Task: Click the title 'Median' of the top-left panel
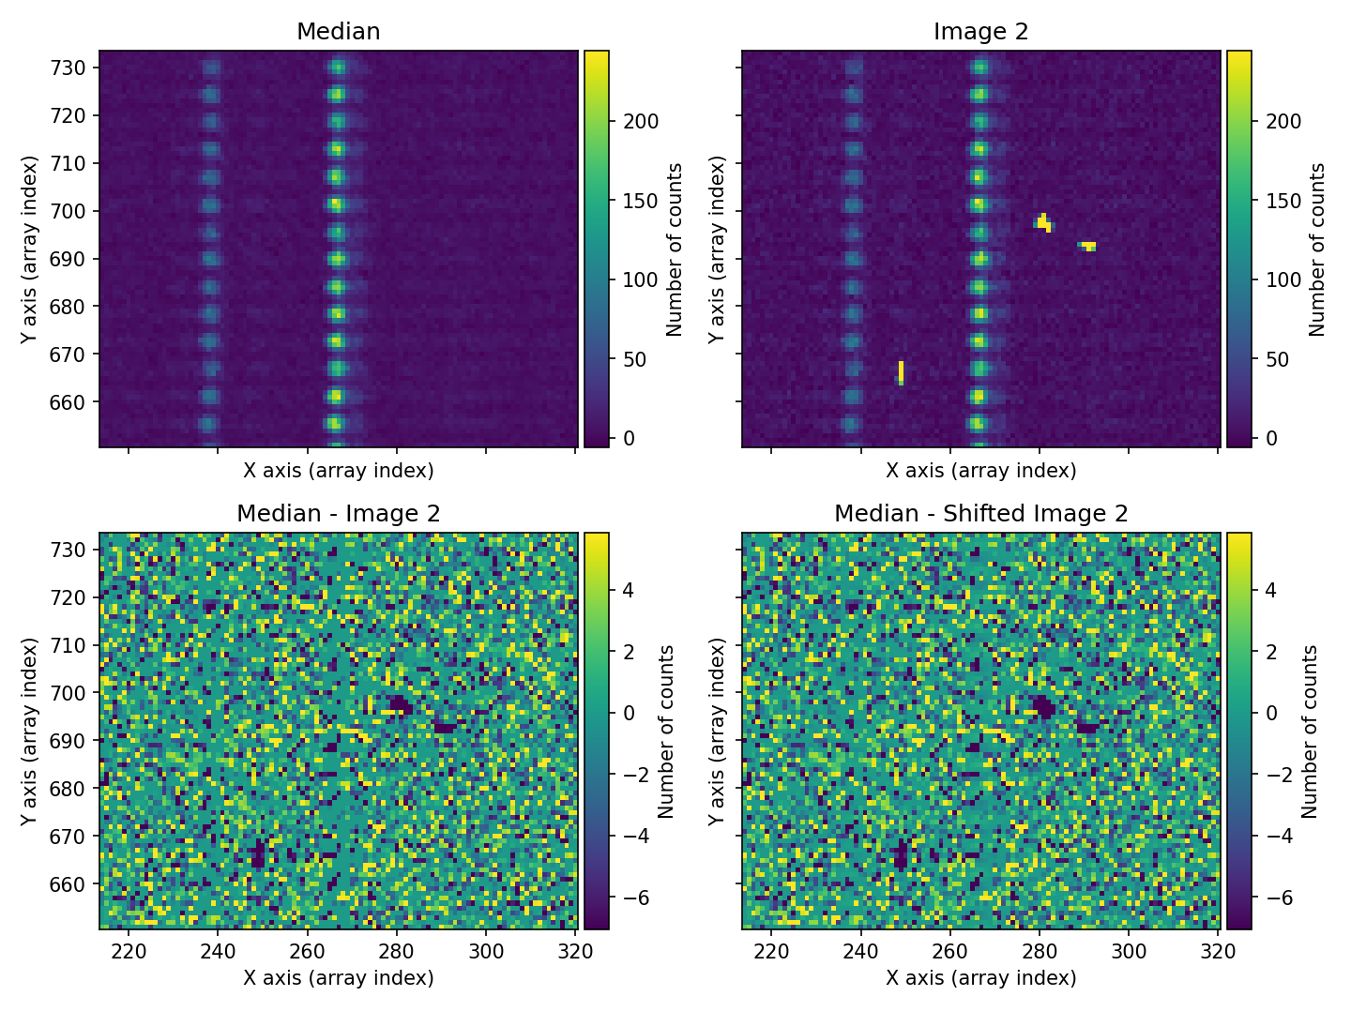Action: (338, 32)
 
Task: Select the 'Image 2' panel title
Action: (980, 32)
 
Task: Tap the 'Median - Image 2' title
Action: (338, 514)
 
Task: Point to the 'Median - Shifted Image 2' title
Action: (980, 514)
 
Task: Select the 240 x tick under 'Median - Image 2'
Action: (218, 952)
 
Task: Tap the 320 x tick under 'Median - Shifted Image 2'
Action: (1218, 952)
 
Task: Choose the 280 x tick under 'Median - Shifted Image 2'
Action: (1040, 952)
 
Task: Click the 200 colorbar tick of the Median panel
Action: (641, 121)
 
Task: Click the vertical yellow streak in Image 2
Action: (901, 372)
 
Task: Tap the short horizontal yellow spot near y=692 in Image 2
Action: (1087, 247)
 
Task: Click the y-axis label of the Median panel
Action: (29, 249)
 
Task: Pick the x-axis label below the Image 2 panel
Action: (980, 470)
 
